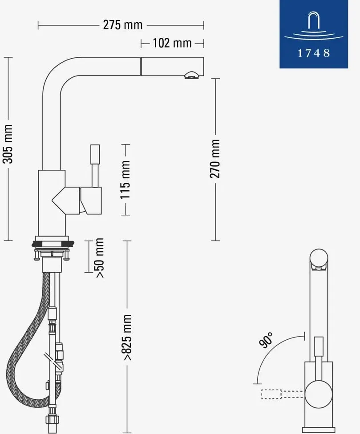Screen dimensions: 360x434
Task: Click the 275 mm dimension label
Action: click(x=123, y=25)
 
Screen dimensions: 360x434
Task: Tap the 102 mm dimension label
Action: click(x=172, y=43)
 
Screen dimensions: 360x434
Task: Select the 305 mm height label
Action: click(x=8, y=144)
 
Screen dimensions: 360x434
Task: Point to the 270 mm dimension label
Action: click(x=215, y=159)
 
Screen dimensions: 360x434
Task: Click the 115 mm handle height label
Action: click(x=125, y=179)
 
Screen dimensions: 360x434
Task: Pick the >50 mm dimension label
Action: click(x=99, y=258)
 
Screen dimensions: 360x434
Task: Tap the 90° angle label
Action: click(x=266, y=340)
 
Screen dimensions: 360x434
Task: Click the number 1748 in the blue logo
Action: click(x=314, y=53)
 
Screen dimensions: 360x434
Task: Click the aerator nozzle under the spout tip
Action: click(x=191, y=75)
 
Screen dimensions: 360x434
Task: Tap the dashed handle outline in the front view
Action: click(x=283, y=394)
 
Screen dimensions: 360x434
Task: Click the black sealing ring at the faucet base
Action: click(x=53, y=244)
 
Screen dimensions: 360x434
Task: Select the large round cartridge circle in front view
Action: click(x=319, y=394)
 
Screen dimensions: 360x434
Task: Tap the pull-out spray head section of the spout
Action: click(x=172, y=66)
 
